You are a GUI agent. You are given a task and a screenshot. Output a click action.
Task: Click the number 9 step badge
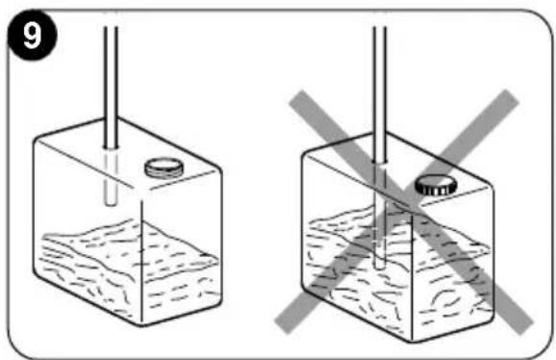pos(32,35)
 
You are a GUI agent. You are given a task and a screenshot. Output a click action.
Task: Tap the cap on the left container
pos(164,167)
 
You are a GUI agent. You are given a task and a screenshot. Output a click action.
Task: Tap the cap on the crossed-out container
pos(436,185)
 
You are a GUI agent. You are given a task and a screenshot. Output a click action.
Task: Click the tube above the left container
pos(111,87)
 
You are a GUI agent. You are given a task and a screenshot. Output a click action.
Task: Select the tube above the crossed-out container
pos(379,94)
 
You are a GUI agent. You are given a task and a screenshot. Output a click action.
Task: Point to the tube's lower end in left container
pos(111,203)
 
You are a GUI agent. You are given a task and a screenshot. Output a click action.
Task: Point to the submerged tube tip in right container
pos(379,266)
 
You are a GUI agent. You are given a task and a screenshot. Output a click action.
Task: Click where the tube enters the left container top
pos(111,146)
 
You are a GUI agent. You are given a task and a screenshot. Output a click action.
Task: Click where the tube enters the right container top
pos(379,162)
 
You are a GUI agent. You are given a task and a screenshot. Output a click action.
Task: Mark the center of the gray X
pos(404,212)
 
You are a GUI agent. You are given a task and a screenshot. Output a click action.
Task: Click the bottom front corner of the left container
pos(141,324)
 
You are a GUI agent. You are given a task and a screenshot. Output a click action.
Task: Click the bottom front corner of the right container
pos(412,341)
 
